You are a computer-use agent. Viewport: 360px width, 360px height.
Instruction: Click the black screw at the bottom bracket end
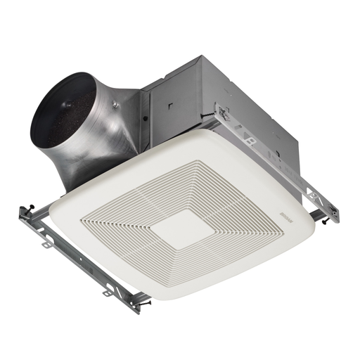147,304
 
